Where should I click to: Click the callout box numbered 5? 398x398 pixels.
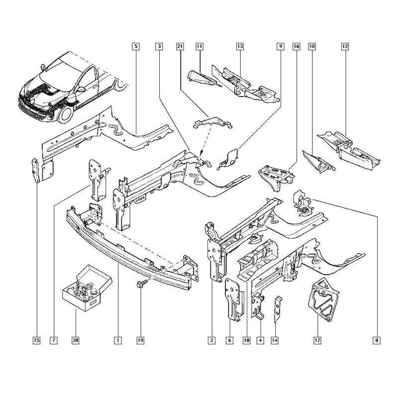tap(136, 46)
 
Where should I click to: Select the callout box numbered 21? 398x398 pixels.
tap(180, 46)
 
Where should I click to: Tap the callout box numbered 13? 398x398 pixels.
tap(240, 46)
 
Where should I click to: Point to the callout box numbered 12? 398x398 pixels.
tap(345, 46)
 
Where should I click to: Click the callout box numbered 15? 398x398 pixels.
tap(36, 340)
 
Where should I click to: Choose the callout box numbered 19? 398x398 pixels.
tap(140, 340)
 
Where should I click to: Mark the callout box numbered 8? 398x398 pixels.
tap(377, 340)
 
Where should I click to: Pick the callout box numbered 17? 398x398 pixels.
tap(317, 340)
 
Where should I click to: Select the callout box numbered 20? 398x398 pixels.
tap(76, 340)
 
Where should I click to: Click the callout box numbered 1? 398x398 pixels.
tap(118, 340)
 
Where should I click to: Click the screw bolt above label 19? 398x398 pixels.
tap(142, 284)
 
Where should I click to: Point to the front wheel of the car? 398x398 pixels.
tap(66, 114)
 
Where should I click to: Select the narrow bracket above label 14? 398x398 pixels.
tap(278, 308)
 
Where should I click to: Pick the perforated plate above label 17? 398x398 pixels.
tap(323, 299)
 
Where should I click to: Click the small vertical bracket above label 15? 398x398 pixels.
tap(36, 170)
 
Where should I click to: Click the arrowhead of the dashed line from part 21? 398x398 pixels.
tap(201, 153)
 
